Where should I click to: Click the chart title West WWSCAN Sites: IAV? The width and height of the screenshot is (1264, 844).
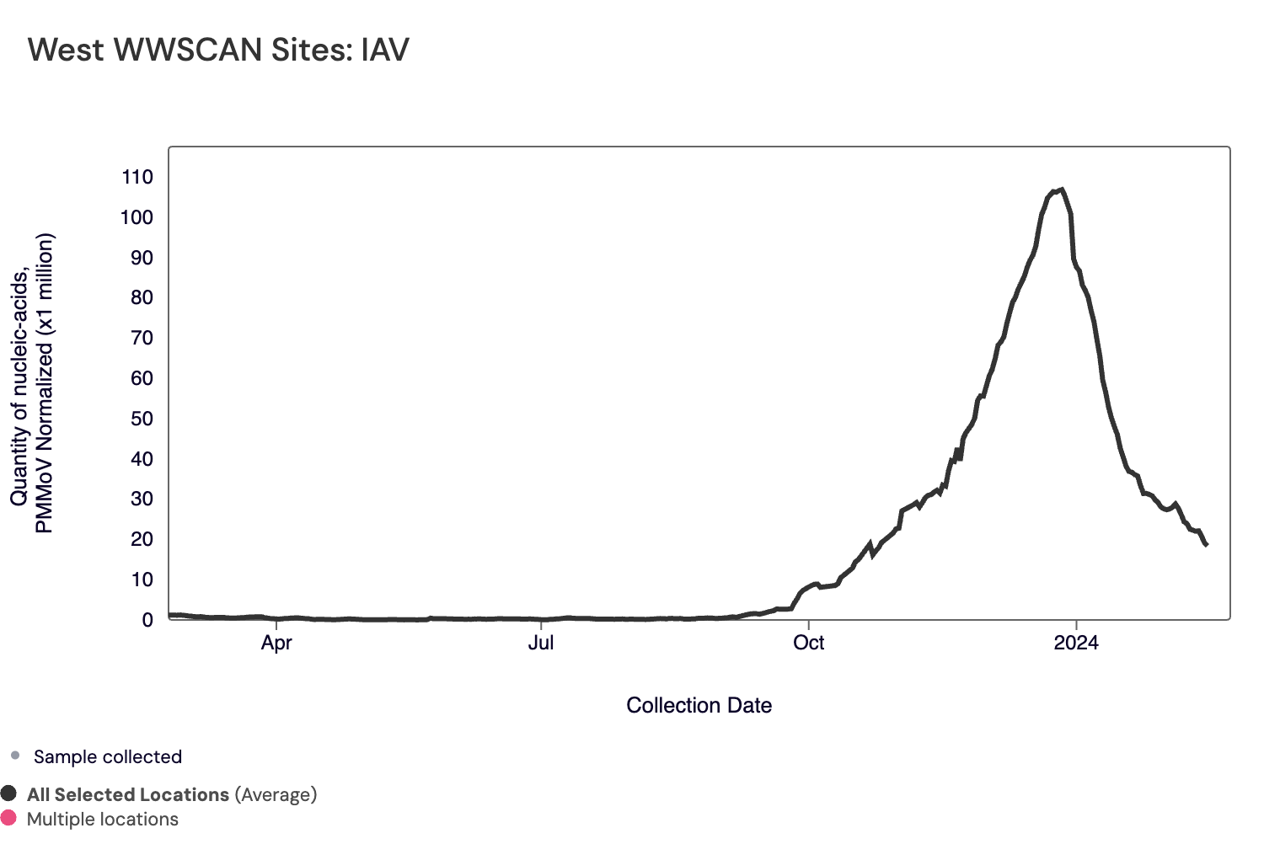point(218,50)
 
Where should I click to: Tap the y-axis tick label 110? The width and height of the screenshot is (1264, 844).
point(137,177)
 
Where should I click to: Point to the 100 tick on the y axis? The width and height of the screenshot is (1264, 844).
point(137,217)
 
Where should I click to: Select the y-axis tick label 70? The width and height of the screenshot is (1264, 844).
point(142,338)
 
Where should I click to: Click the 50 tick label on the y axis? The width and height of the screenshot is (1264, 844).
point(142,419)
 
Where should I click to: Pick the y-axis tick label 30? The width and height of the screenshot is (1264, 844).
point(142,499)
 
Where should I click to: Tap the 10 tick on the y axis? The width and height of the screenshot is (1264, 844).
point(142,580)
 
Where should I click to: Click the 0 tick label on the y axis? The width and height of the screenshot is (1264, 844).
point(147,620)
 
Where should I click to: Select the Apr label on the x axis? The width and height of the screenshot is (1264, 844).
point(276,643)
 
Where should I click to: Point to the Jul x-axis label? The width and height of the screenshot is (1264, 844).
point(541,643)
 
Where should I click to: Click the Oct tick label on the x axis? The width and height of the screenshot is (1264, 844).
point(809,643)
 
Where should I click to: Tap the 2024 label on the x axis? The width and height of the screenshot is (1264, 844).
point(1076,643)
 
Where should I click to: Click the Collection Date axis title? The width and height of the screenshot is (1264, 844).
point(699,706)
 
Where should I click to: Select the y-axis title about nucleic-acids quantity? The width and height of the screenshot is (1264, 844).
point(32,383)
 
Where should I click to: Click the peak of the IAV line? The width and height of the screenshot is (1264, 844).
point(1062,190)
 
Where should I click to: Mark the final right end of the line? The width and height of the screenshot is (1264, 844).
point(1207,545)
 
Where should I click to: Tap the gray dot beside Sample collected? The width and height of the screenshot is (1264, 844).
point(14,756)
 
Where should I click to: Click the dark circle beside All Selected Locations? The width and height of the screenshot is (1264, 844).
point(9,793)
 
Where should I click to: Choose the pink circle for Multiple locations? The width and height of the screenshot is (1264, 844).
point(9,818)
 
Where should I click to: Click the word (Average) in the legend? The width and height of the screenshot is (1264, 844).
point(276,794)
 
